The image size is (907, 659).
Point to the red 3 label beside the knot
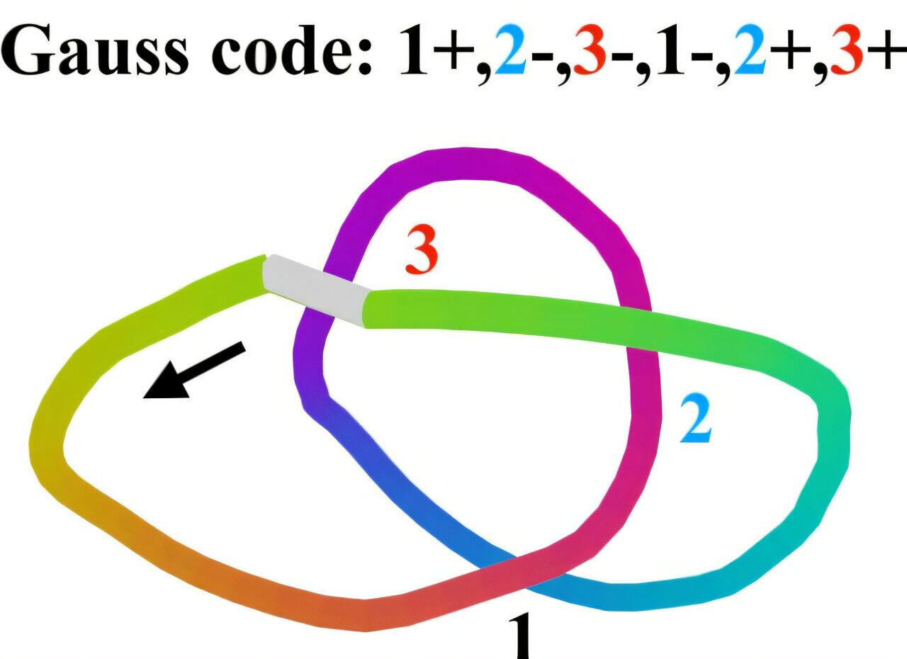coord(423,251)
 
